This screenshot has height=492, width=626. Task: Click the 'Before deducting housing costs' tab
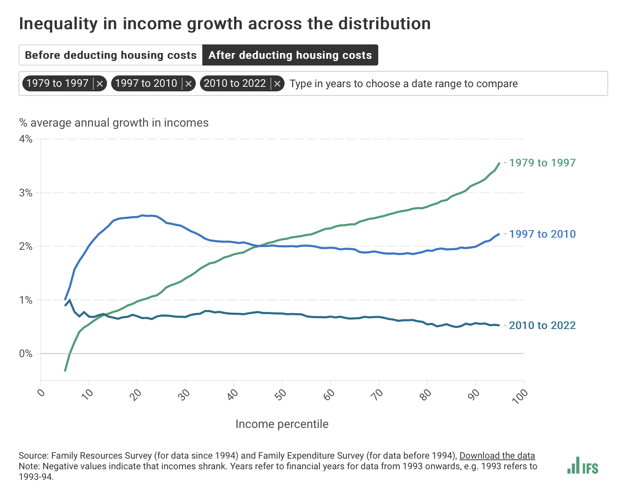click(x=110, y=55)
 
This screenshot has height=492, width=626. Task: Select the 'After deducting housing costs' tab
click(x=290, y=55)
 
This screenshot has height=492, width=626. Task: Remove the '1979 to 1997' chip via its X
click(x=100, y=84)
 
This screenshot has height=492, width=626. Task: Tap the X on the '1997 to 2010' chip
click(x=189, y=84)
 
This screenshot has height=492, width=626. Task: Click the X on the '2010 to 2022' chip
click(x=277, y=84)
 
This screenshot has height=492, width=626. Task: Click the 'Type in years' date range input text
click(x=403, y=84)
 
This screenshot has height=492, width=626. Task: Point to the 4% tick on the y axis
click(x=26, y=139)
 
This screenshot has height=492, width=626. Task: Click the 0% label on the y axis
click(x=26, y=354)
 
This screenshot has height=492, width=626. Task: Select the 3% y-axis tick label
click(x=26, y=193)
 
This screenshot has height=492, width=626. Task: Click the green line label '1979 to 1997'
click(x=542, y=163)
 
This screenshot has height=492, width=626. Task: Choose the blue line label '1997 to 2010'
click(x=542, y=234)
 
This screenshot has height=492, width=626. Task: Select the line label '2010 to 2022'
click(x=542, y=326)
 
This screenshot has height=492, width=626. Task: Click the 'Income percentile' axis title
click(x=282, y=424)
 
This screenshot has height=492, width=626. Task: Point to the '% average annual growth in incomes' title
click(x=114, y=123)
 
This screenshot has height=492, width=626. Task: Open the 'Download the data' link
click(x=497, y=456)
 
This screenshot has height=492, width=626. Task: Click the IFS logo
click(x=583, y=466)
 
